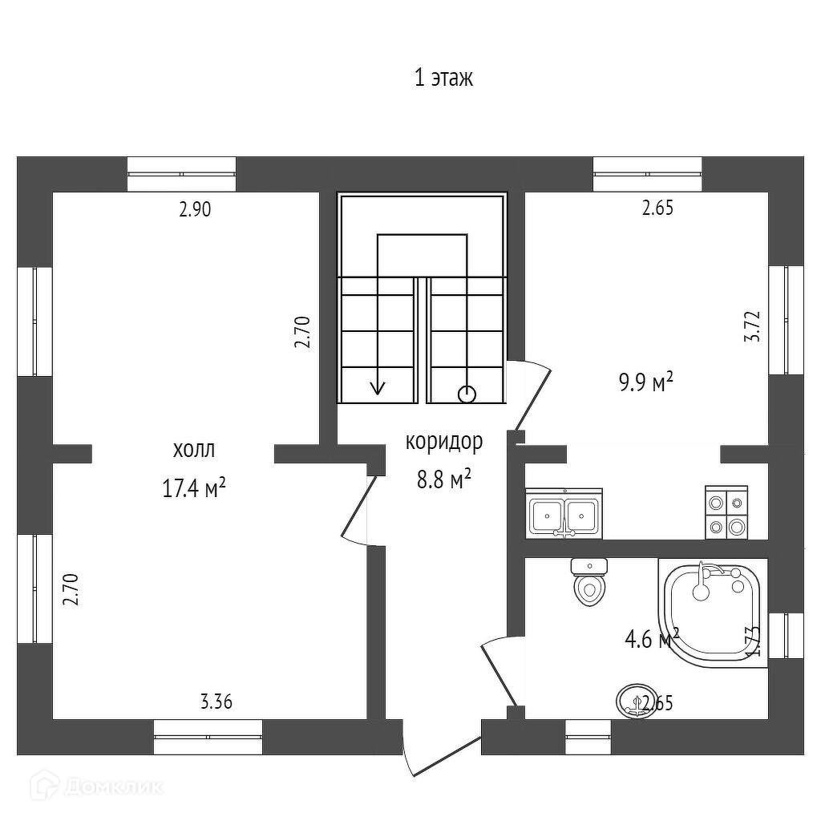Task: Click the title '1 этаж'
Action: [443, 79]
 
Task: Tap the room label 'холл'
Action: [194, 449]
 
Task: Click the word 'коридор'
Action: [443, 442]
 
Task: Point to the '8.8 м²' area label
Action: [443, 479]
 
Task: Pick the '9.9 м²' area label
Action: [645, 383]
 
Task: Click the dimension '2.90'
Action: [195, 210]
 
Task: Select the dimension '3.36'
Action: [216, 703]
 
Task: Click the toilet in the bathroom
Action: [589, 583]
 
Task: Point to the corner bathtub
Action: [710, 610]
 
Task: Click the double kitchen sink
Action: [564, 515]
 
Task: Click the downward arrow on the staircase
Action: [377, 386]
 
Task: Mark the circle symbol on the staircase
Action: [467, 394]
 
